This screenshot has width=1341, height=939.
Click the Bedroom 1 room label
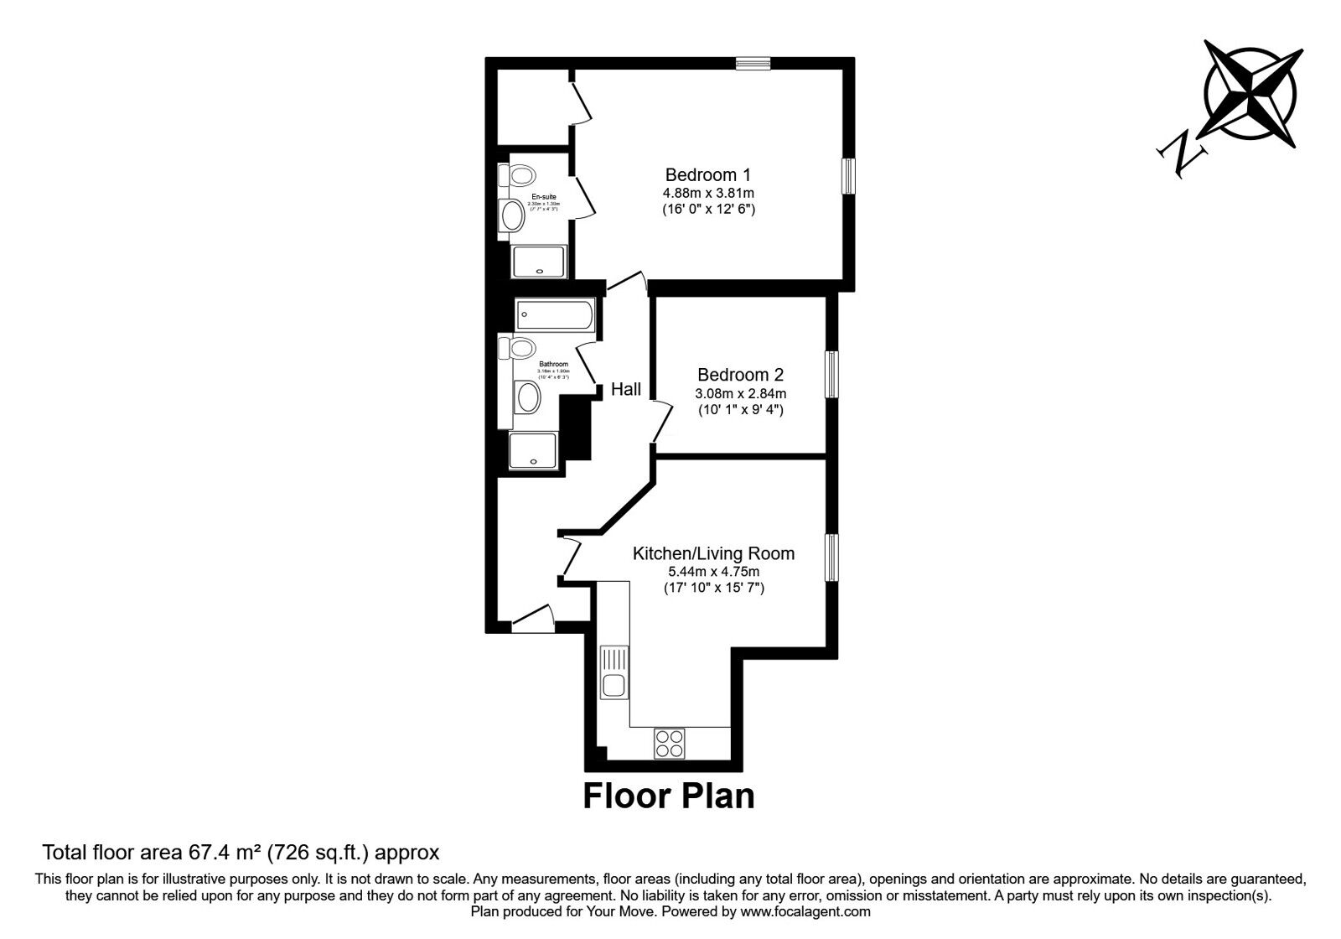click(707, 175)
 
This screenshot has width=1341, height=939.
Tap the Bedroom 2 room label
click(740, 375)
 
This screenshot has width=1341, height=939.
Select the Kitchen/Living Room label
click(713, 553)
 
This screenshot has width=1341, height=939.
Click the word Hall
click(626, 389)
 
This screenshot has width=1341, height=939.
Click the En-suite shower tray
click(540, 262)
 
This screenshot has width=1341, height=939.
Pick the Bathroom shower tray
click(533, 449)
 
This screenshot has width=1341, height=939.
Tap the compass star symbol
click(1250, 93)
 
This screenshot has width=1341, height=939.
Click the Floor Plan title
click(669, 796)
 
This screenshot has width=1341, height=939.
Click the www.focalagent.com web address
click(805, 911)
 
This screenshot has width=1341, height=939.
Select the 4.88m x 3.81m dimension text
click(708, 193)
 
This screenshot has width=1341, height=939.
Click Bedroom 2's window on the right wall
click(831, 374)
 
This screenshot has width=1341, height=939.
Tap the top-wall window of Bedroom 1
click(753, 62)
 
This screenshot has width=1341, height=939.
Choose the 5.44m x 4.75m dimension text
click(713, 572)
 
